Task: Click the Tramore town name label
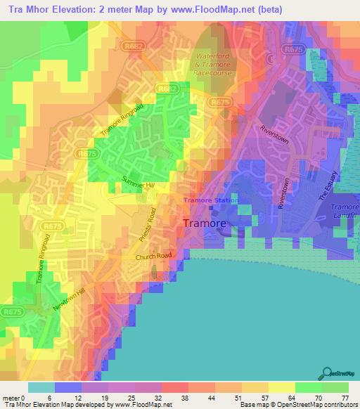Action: click(205, 223)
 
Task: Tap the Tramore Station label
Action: click(211, 200)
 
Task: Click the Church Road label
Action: click(154, 258)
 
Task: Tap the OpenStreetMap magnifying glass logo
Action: click(327, 372)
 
